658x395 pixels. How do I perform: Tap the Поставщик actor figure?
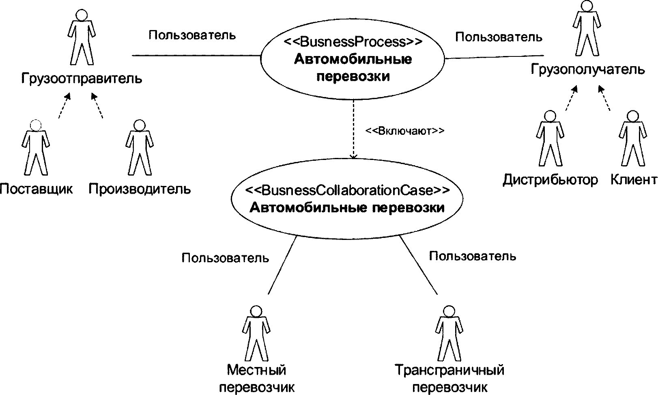click(x=36, y=148)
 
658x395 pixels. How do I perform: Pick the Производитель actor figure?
click(x=139, y=148)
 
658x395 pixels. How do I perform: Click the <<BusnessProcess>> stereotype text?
click(x=353, y=41)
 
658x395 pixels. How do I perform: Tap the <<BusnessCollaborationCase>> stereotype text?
click(x=347, y=190)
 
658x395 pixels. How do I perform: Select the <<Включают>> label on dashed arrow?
click(x=404, y=131)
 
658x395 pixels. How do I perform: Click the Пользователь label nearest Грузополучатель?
click(x=498, y=37)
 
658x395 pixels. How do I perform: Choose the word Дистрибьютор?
click(x=550, y=179)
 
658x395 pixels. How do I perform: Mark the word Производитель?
click(x=140, y=189)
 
